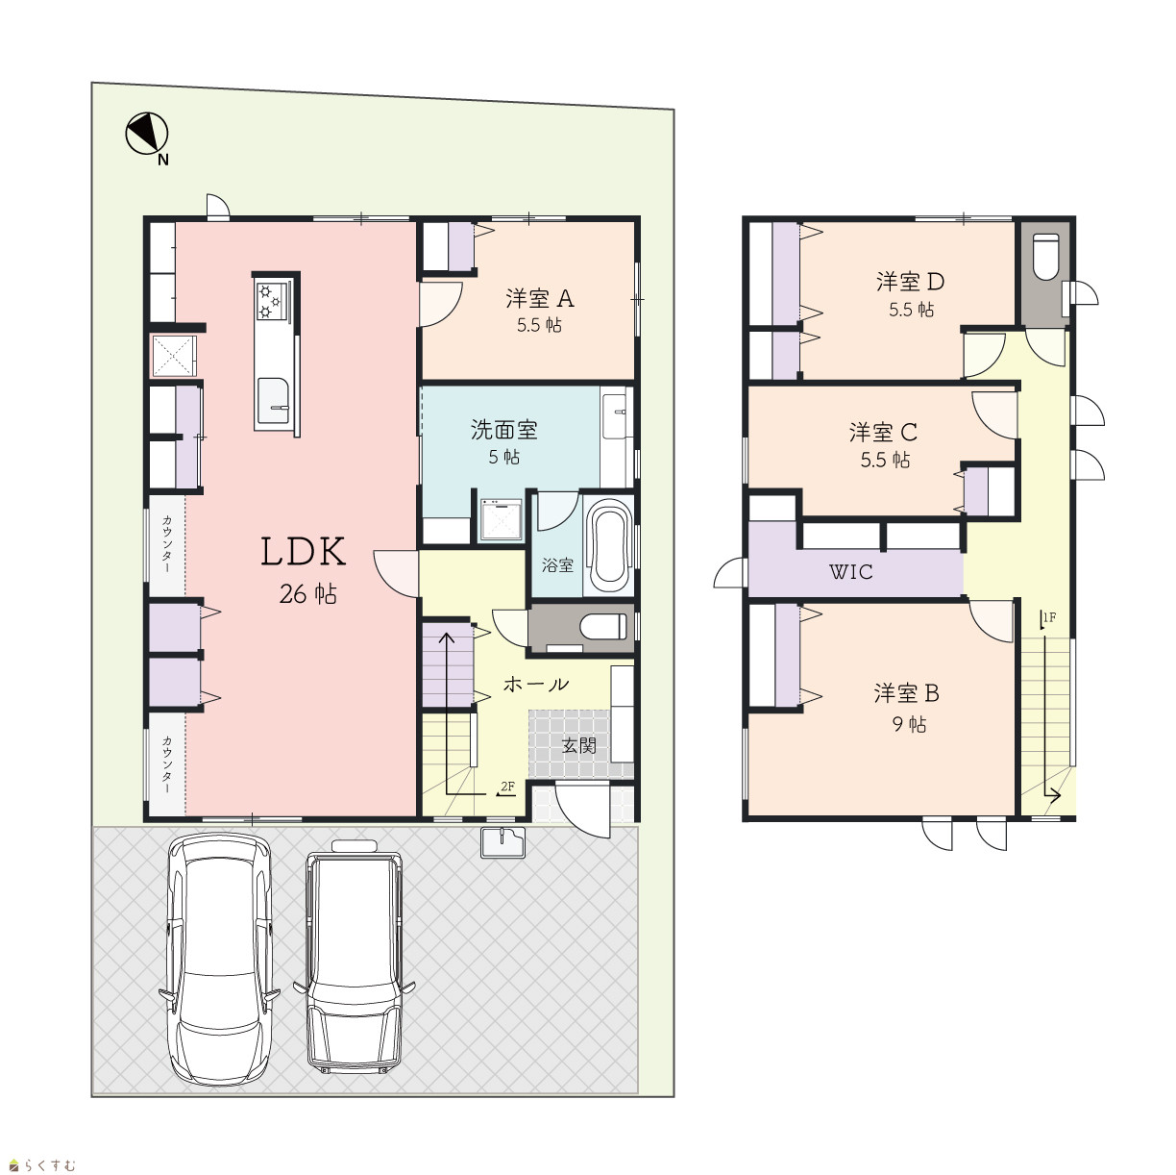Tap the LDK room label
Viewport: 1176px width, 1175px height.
point(304,551)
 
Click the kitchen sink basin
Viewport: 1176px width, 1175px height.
point(273,400)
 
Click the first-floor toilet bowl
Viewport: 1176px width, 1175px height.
point(602,627)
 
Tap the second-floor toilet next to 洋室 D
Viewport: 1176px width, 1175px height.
point(1046,256)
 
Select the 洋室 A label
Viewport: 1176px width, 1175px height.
point(540,299)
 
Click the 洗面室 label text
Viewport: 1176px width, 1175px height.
point(503,431)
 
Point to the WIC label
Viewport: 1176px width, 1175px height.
point(850,572)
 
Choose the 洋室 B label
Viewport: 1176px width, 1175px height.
point(906,693)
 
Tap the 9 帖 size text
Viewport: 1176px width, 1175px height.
point(909,725)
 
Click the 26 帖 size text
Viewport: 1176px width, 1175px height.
point(307,594)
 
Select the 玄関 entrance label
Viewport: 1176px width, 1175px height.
point(578,745)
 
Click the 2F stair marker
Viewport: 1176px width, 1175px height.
point(506,787)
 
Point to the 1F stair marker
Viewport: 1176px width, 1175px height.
point(1048,618)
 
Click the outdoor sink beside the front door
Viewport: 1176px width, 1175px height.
point(502,842)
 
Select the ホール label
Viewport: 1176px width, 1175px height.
point(536,685)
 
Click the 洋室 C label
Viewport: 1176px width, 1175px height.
point(883,433)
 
